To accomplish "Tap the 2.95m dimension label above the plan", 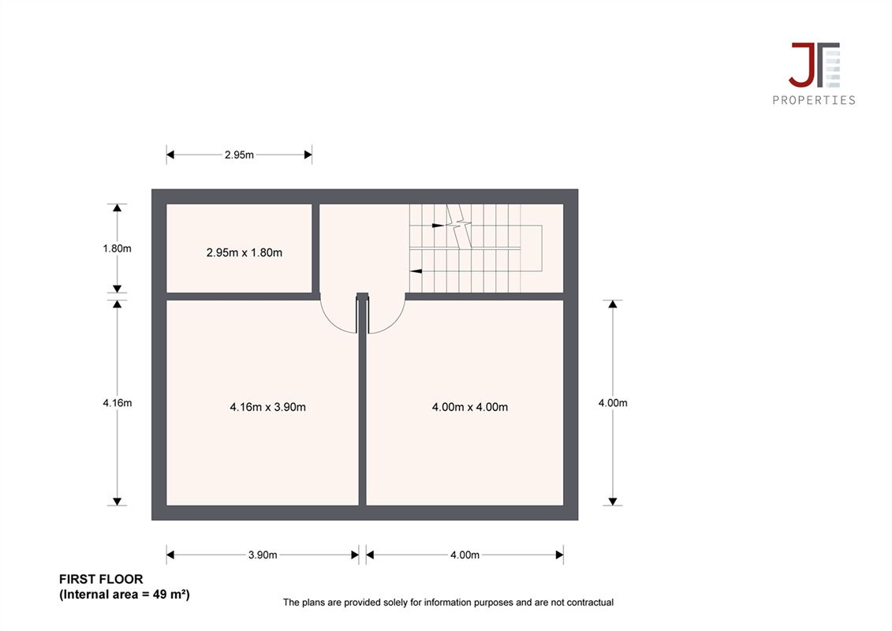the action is (x=239, y=155).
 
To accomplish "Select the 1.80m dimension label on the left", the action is (x=118, y=248).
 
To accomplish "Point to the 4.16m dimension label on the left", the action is (x=118, y=403).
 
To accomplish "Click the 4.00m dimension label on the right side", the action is (x=613, y=403).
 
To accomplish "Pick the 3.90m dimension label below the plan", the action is (x=263, y=554).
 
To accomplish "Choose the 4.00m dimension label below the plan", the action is (x=465, y=554).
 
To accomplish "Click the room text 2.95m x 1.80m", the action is (x=244, y=252).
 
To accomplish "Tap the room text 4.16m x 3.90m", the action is (x=267, y=407).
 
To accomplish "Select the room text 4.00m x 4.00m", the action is (x=470, y=407).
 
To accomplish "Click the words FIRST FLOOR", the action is (x=101, y=579).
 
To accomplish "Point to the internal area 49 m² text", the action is (x=125, y=595).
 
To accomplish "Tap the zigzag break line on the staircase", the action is (x=460, y=226).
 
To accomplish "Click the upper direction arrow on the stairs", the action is (x=438, y=226).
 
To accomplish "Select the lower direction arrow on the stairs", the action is (x=416, y=271).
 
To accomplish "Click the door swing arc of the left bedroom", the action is (x=332, y=322).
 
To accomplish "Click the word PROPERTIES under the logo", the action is (x=814, y=100).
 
